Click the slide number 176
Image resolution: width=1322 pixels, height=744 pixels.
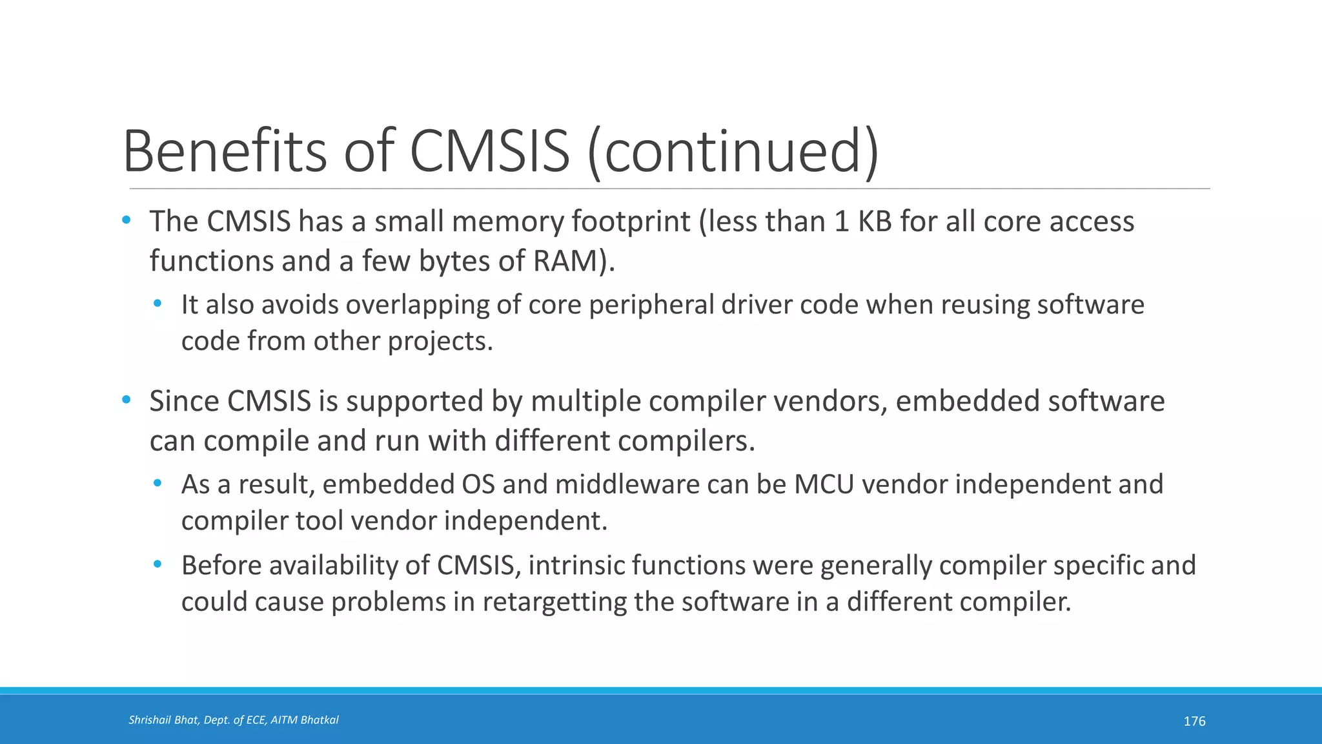point(1194,721)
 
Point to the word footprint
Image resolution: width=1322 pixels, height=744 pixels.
point(631,222)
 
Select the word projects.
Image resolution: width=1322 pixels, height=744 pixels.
point(440,342)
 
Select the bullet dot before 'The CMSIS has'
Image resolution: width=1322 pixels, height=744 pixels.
point(127,221)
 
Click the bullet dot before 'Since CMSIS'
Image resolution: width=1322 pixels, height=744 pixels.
point(127,400)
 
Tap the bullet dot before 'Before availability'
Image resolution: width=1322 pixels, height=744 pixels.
point(158,564)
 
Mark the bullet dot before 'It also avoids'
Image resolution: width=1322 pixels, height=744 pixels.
point(158,304)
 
